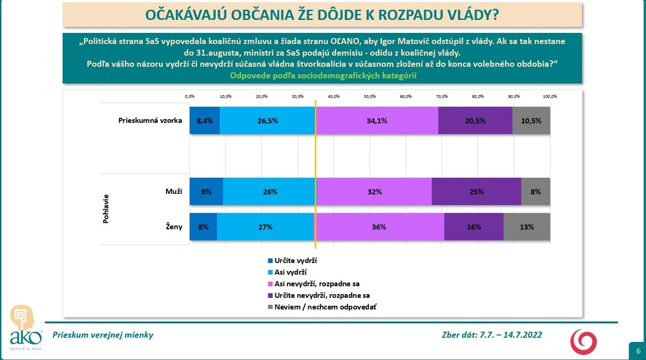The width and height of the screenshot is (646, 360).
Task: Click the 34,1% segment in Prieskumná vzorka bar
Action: pos(377,121)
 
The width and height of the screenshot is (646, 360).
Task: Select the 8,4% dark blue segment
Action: pos(204,121)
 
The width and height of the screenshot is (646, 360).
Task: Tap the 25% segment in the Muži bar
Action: pos(476,192)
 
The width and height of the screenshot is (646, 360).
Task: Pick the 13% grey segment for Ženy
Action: pos(526,227)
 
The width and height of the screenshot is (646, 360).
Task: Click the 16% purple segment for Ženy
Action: pos(474,227)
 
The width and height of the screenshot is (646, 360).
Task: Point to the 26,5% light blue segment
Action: pos(267,121)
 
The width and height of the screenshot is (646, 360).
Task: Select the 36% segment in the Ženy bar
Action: pos(379,227)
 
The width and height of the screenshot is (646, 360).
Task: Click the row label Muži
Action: pos(174,192)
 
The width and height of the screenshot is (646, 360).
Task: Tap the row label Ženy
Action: pos(173,227)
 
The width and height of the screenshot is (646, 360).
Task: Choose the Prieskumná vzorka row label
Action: pos(151,121)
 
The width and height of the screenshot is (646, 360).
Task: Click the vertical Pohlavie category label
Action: pos(105,209)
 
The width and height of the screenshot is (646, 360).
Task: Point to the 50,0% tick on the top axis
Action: pos(370,96)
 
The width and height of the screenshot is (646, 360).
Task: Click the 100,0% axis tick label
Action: pos(549,96)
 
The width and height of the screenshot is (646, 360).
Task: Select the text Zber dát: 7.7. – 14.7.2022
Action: pos(492,335)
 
